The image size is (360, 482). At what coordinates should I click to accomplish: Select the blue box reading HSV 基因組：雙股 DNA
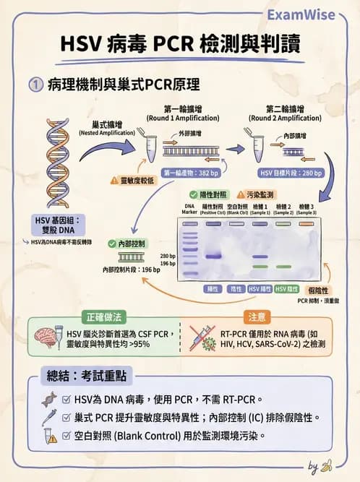pos(59,223)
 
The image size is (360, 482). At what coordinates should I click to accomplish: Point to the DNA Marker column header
pos(189,210)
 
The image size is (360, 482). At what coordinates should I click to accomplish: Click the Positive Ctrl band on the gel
pos(213,256)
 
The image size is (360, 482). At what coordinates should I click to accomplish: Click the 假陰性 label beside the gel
pos(320,289)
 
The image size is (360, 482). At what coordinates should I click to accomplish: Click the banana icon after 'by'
pos(327,465)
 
